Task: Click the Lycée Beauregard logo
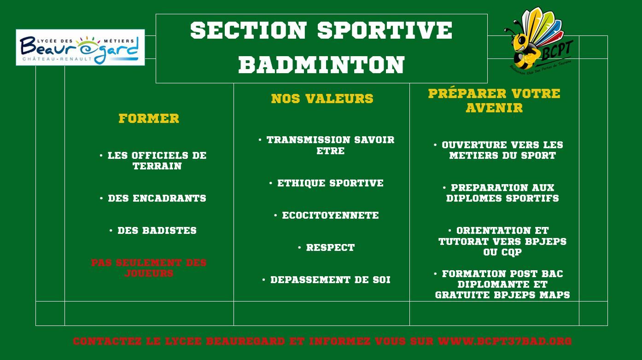(80, 47)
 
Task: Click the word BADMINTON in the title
(321, 65)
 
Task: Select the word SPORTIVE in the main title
(385, 30)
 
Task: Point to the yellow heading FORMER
(149, 118)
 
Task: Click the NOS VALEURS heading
(322, 99)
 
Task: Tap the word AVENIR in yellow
(494, 108)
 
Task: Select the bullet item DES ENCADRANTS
(157, 198)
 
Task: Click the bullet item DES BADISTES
(157, 231)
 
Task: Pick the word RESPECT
(330, 248)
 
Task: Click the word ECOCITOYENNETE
(330, 215)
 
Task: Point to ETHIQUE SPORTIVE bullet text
(330, 183)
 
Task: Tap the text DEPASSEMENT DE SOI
(330, 280)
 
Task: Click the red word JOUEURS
(149, 273)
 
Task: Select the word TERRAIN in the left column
(157, 166)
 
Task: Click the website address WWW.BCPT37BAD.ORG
(505, 342)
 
